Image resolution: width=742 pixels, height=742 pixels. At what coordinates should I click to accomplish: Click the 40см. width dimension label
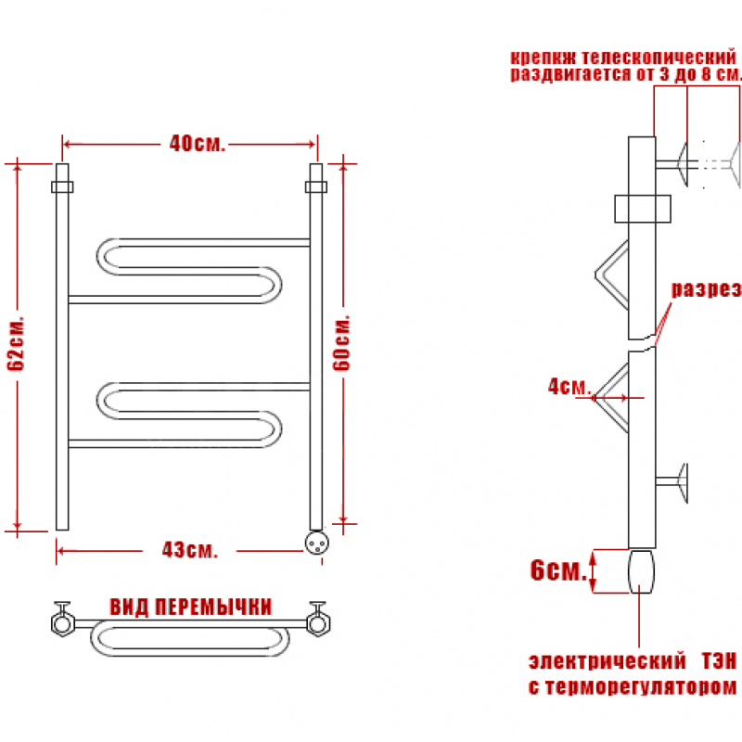[x=198, y=144]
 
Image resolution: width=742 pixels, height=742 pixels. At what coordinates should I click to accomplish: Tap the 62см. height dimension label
[x=17, y=343]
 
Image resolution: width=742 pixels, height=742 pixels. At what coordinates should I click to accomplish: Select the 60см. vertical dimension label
[x=341, y=342]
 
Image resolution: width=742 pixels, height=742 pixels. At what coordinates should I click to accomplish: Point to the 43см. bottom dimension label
[x=190, y=550]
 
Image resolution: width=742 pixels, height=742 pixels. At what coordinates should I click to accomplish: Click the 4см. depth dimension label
[x=569, y=386]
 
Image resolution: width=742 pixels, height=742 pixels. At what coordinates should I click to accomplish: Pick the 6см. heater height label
[x=558, y=569]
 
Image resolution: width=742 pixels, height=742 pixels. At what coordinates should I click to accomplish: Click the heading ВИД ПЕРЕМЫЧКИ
[x=191, y=607]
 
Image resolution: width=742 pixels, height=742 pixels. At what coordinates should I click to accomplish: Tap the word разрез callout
[x=707, y=289]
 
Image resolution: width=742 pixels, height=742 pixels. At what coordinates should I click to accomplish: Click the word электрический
[x=608, y=661]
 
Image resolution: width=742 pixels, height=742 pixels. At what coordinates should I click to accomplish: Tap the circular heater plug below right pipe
[x=316, y=543]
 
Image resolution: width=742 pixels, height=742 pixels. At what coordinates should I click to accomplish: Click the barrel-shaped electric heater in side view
[x=641, y=571]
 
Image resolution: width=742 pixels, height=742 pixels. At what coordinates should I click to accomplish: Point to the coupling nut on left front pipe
[x=62, y=187]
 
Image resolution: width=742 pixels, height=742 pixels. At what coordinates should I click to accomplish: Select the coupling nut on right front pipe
[x=316, y=187]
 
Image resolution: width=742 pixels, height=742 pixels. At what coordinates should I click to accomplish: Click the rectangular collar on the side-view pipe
[x=643, y=209]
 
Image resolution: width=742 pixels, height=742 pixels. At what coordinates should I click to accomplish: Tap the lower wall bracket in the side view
[x=672, y=482]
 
